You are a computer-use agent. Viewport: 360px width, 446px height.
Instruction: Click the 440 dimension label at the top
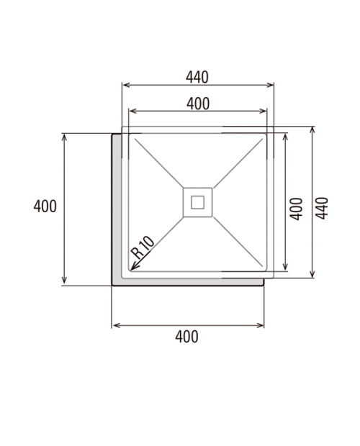(197, 77)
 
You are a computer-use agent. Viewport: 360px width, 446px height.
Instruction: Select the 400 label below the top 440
(198, 104)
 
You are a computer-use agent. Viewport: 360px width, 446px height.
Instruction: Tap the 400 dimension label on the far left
(45, 206)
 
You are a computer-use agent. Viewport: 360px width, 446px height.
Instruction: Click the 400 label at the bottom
(186, 337)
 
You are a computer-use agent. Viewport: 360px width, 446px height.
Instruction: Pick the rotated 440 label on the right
(322, 208)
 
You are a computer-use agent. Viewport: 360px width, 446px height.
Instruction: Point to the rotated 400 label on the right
(296, 209)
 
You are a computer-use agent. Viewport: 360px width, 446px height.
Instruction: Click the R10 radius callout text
(143, 247)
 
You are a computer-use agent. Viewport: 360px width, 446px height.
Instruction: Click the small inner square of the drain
(197, 202)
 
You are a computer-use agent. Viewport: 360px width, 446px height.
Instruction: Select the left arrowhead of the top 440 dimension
(126, 85)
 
